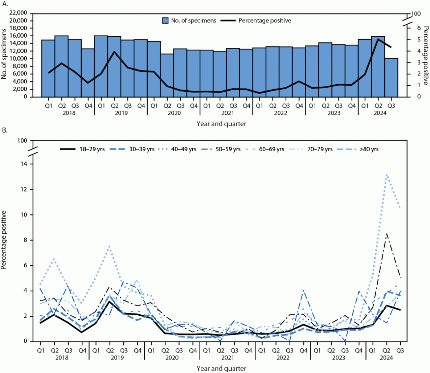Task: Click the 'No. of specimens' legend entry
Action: coord(189,21)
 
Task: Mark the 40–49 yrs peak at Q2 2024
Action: coord(387,175)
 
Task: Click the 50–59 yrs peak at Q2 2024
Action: coord(387,233)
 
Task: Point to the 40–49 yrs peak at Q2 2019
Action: coord(110,246)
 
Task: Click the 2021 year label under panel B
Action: coord(227,357)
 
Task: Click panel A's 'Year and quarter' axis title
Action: coord(221,124)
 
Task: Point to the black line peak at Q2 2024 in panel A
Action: coord(378,39)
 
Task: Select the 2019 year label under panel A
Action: coord(121,113)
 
